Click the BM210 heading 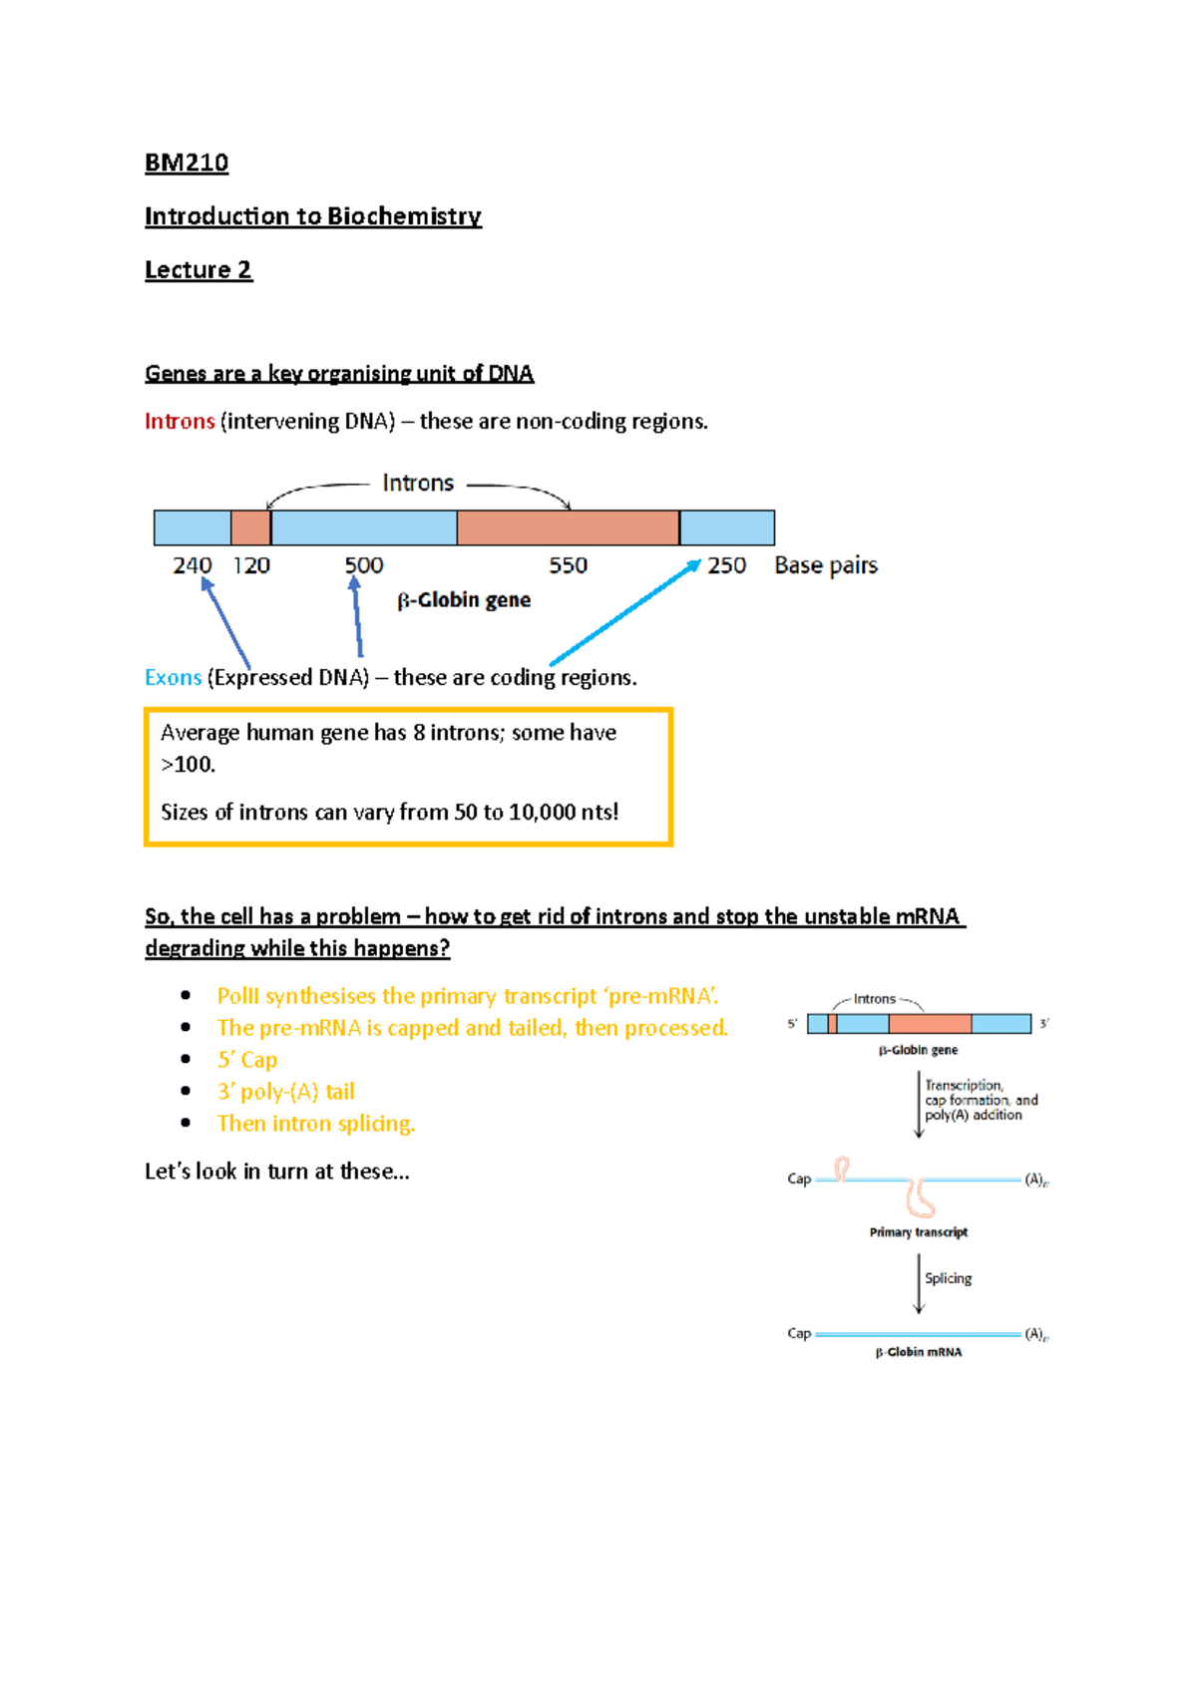(x=187, y=163)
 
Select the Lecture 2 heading (x=198, y=270)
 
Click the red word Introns (x=180, y=422)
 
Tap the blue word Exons (x=174, y=678)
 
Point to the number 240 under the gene (x=192, y=565)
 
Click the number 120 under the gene (x=251, y=565)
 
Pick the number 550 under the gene (x=568, y=565)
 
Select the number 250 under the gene (x=726, y=565)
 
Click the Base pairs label (x=826, y=565)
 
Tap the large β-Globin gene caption (x=464, y=600)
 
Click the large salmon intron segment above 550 (x=568, y=527)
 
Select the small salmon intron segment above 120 (x=250, y=527)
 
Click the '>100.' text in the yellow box (x=188, y=765)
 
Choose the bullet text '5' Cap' (x=247, y=1060)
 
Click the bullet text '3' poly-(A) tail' (x=286, y=1092)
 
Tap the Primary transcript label (x=918, y=1232)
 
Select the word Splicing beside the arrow (x=948, y=1278)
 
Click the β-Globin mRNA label (x=919, y=1352)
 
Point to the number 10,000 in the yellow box (x=543, y=813)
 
